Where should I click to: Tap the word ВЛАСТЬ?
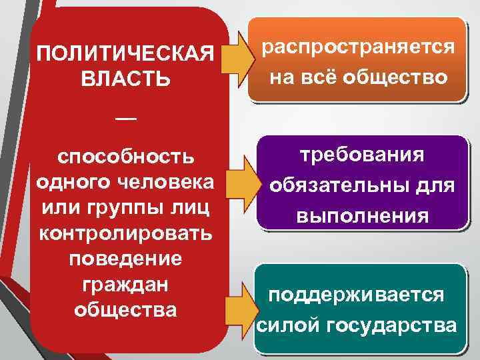pos(125,77)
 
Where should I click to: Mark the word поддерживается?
pos(356,295)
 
